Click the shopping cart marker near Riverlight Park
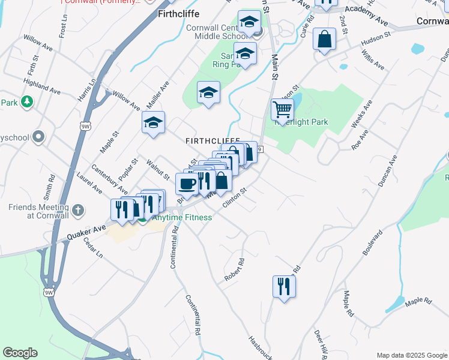[282, 110]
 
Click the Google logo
[20, 353]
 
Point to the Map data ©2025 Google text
[412, 355]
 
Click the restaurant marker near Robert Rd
[284, 286]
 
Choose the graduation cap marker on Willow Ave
[154, 123]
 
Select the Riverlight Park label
[301, 122]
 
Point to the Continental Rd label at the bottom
[193, 315]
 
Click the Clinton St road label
[235, 197]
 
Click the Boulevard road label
[373, 242]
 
